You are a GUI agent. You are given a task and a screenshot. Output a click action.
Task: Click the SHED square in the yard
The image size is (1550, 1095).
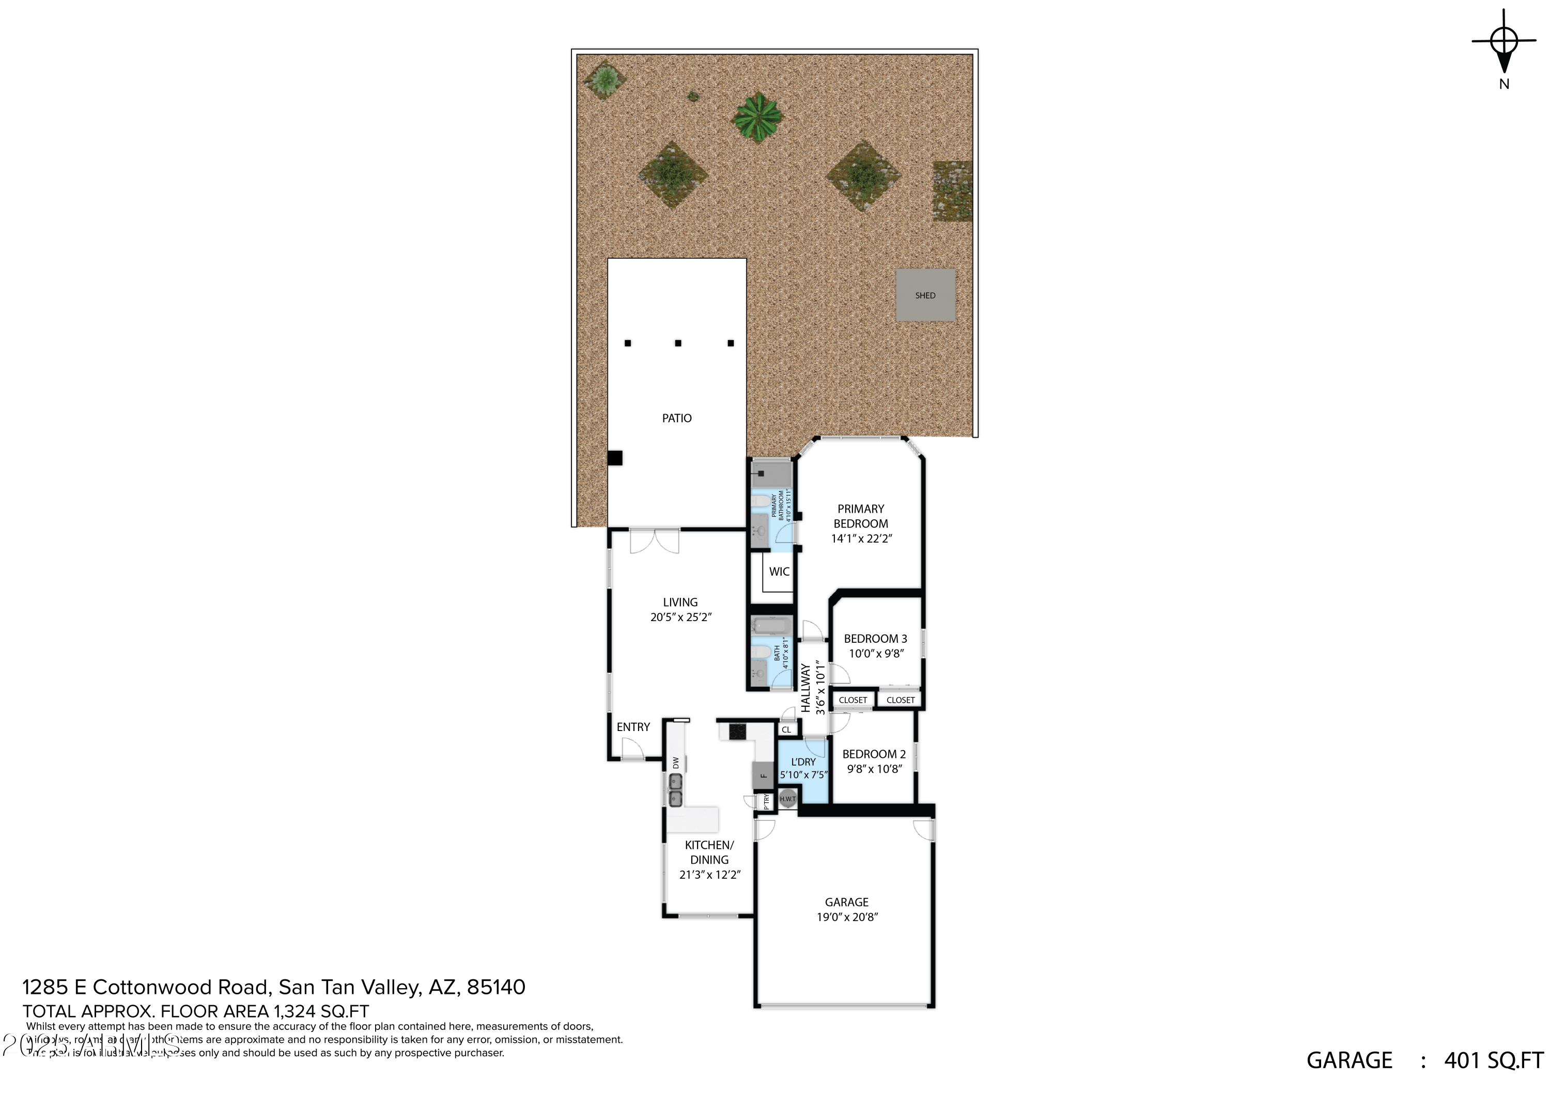925,295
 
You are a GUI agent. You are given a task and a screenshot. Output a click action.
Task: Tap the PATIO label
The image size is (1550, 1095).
676,418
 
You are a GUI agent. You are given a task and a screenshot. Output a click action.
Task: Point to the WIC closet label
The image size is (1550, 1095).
779,572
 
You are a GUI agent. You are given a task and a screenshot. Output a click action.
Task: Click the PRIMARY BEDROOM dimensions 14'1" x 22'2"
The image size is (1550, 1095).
861,538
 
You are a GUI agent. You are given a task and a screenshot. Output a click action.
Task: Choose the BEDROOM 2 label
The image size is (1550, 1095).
874,754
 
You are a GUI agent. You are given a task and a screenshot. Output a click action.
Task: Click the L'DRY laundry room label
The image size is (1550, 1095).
803,761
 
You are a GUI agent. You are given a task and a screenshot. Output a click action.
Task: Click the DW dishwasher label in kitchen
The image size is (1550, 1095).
676,763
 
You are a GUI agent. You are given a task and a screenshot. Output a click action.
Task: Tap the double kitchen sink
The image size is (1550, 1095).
675,790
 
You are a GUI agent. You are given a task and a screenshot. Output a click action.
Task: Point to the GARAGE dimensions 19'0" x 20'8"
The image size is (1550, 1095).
847,917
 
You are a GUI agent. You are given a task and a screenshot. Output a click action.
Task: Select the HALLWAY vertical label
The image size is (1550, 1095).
805,688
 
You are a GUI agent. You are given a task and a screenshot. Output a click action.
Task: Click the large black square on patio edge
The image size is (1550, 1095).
614,457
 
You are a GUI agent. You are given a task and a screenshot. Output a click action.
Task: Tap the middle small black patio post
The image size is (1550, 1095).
678,343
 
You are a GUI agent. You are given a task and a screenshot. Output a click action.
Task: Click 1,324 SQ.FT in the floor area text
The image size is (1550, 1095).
321,1011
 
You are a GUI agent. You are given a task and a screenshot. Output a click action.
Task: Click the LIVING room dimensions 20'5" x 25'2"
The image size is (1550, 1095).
680,616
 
